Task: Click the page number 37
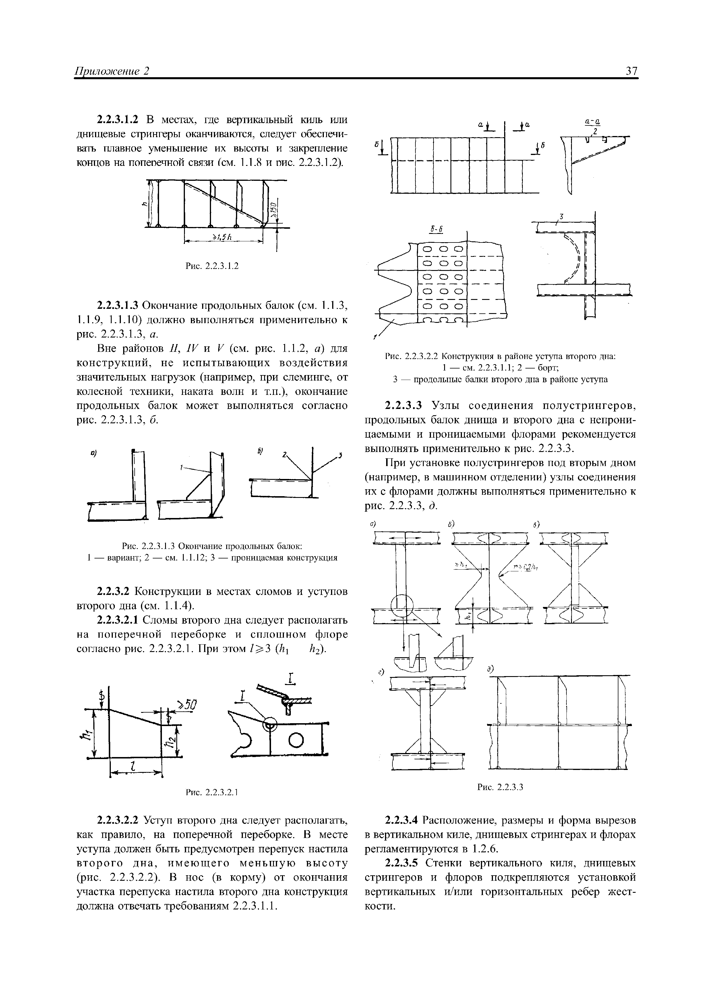pos(631,71)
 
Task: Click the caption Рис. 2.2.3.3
pos(500,787)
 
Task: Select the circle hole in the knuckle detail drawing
pos(297,741)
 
